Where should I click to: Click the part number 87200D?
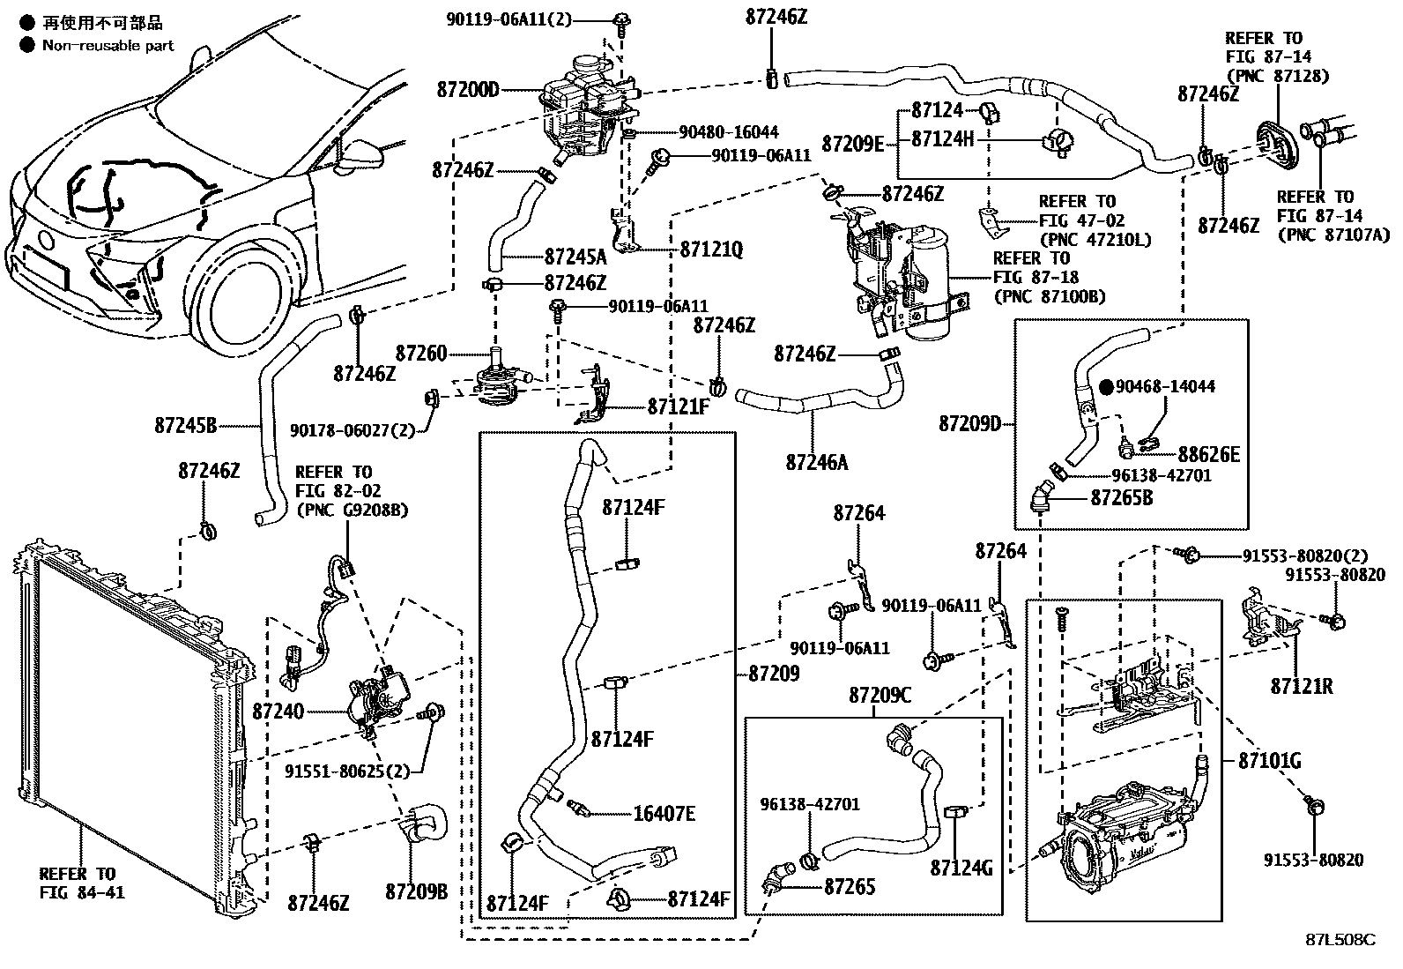point(468,90)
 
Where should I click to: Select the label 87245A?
point(575,257)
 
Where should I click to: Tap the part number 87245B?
point(186,426)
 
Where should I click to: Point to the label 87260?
point(421,354)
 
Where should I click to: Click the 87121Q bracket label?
point(711,250)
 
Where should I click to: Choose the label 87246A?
point(817,461)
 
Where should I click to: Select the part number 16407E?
point(664,814)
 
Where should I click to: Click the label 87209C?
point(880,696)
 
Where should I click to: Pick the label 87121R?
point(1302,685)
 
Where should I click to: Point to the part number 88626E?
point(1209,454)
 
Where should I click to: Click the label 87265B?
point(1122,498)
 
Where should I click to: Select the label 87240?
point(278,711)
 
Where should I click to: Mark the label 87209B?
point(416,891)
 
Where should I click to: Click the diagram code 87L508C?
point(1340,939)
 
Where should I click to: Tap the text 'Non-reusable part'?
point(108,45)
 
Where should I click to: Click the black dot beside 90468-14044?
point(1106,386)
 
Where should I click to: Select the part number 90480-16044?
point(729,132)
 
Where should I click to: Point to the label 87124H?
point(943,138)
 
